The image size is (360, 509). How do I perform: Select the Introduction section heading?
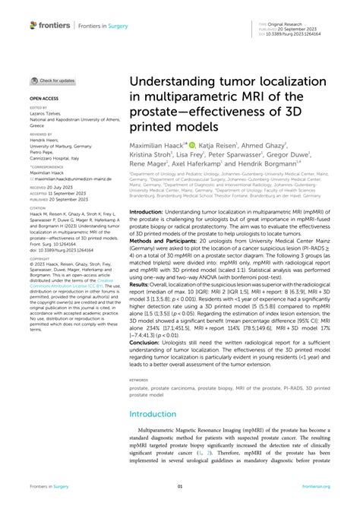[x=158, y=414]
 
